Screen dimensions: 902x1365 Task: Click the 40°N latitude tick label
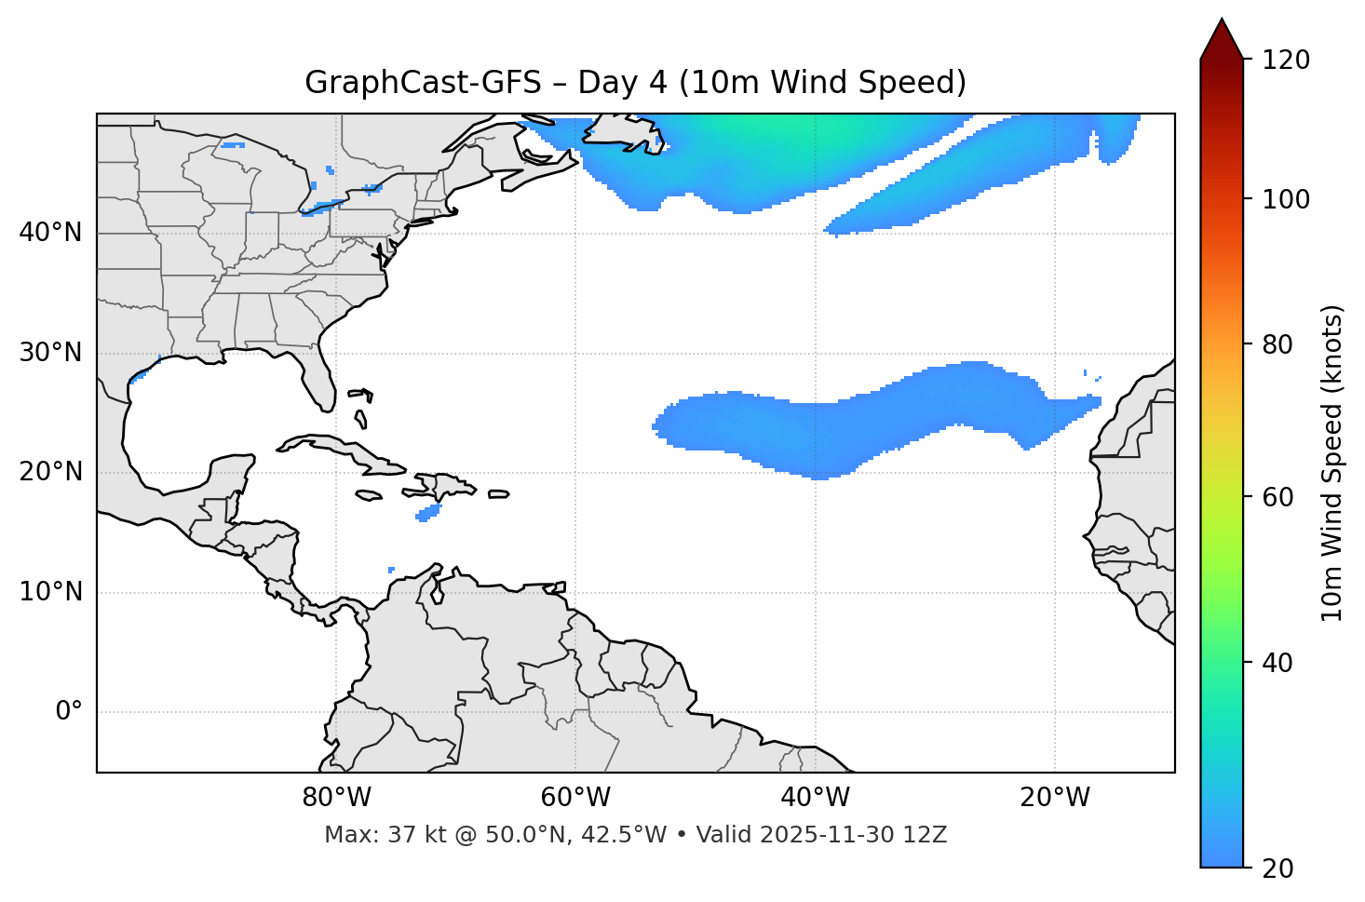(x=50, y=233)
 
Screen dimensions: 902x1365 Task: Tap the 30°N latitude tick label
(x=50, y=353)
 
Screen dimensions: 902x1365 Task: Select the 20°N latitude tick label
(x=50, y=472)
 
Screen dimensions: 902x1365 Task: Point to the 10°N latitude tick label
(x=50, y=592)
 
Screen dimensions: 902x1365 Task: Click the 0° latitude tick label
(x=68, y=712)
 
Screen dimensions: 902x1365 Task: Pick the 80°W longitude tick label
(x=336, y=798)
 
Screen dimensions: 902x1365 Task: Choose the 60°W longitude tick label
(x=575, y=798)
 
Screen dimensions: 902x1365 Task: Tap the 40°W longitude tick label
(x=815, y=798)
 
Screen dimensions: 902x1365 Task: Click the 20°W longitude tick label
(x=1055, y=798)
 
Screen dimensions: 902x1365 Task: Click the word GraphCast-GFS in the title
(x=423, y=83)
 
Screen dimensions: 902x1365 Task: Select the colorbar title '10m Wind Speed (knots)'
(x=1332, y=464)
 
